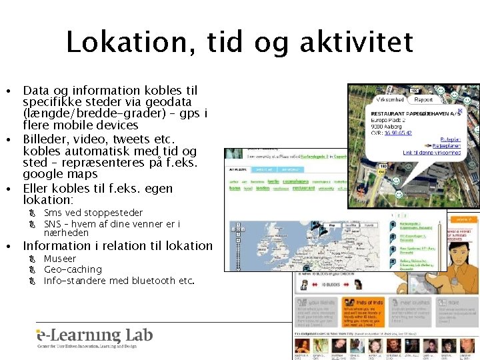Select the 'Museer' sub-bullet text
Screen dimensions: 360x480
60,259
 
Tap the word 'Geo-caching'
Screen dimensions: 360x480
73,269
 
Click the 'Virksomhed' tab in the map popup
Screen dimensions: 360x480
390,100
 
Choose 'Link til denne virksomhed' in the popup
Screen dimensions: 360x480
431,152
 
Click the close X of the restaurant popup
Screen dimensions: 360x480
459,111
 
